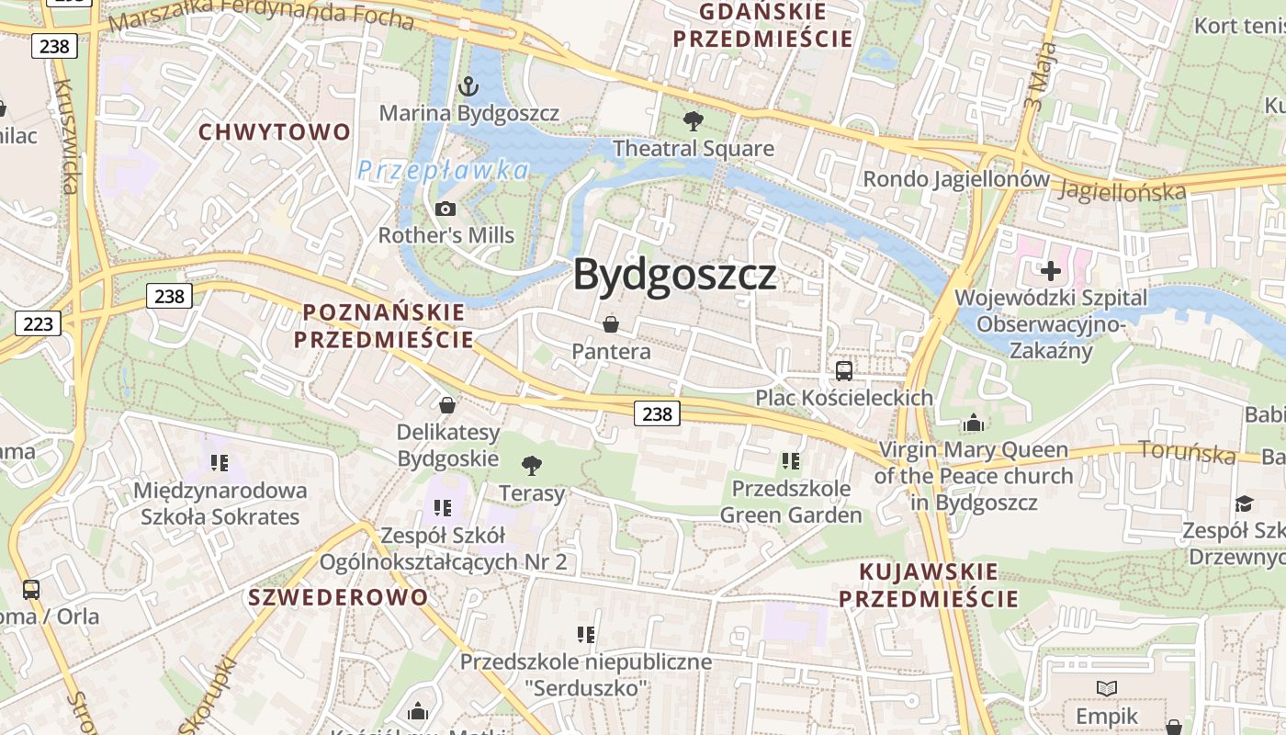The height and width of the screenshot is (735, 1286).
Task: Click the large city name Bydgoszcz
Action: (675, 275)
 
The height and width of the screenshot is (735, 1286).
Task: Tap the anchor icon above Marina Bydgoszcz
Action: (468, 87)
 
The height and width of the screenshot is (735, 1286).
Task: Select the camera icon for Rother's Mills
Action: (446, 209)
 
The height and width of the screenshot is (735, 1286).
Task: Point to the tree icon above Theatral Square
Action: (694, 121)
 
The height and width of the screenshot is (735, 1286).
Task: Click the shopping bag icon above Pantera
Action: (610, 324)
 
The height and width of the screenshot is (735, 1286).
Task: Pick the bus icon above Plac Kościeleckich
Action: (843, 371)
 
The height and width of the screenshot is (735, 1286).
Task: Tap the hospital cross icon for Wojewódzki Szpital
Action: (1051, 271)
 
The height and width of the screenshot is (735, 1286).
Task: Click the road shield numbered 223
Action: (38, 322)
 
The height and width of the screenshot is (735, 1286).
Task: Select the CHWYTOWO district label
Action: (276, 132)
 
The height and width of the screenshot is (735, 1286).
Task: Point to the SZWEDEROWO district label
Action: (338, 597)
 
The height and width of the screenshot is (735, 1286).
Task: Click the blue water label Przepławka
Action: (444, 170)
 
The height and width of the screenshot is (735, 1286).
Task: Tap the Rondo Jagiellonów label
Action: (955, 179)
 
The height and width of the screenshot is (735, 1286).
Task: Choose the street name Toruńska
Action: (1187, 451)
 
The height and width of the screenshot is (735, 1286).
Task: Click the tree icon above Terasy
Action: (531, 466)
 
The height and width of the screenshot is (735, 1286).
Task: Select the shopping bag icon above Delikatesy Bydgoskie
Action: (447, 405)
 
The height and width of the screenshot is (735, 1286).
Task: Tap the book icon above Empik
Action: (1107, 688)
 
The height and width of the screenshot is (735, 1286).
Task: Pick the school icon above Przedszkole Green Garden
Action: (790, 461)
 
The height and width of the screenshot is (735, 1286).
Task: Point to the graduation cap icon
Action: (1244, 503)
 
